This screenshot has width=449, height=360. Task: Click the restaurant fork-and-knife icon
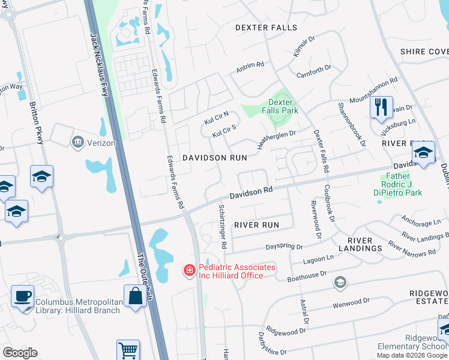[381, 108]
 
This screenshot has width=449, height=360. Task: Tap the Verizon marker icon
[78, 142]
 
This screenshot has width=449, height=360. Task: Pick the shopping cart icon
[128, 350]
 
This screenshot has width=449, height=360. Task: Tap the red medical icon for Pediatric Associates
[190, 271]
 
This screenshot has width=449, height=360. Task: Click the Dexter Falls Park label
[280, 107]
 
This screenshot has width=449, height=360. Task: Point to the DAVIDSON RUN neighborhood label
[215, 158]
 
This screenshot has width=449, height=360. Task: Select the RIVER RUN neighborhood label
[257, 225]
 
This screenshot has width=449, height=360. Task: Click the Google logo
[20, 353]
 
